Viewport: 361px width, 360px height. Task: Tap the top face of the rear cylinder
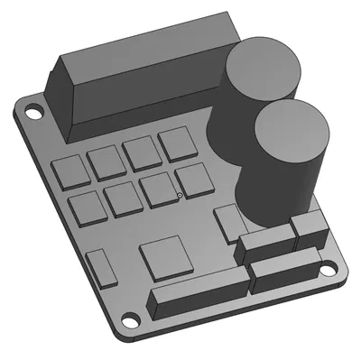[x=263, y=67]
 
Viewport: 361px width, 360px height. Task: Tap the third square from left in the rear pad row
[x=142, y=152]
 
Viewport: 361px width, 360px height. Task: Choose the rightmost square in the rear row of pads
[x=176, y=142]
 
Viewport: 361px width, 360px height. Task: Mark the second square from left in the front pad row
[x=122, y=198]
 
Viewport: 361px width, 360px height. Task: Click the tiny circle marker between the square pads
[x=180, y=195]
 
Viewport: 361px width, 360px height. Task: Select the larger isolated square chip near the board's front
[x=165, y=257]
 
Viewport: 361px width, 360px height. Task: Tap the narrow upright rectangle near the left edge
[x=100, y=268]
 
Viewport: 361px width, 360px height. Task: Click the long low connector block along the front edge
[x=198, y=294]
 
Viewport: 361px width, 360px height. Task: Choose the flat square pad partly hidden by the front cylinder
[x=227, y=219]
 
